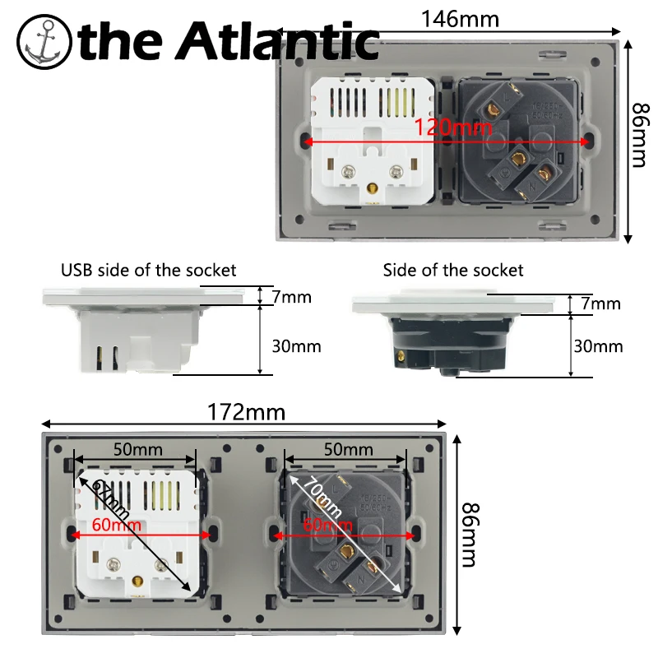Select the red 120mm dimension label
(453, 127)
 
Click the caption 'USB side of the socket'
(148, 270)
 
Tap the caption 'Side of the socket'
(452, 270)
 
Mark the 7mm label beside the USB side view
(292, 296)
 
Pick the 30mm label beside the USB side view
(296, 346)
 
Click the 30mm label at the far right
(598, 346)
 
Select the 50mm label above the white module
(137, 450)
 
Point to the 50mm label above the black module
(346, 450)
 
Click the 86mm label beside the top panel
(640, 136)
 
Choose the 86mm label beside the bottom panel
(468, 535)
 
